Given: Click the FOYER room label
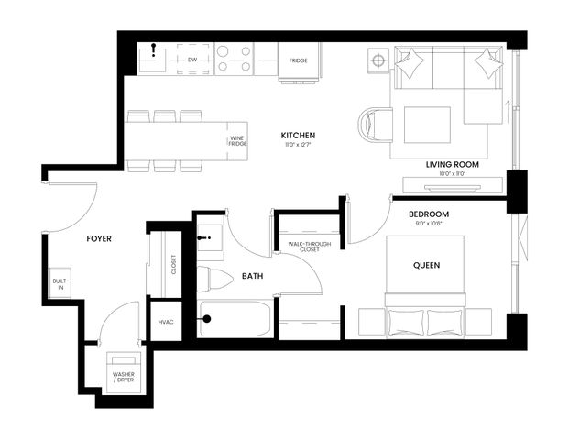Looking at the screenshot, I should coord(99,238).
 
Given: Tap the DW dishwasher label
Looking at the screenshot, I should coord(192,60).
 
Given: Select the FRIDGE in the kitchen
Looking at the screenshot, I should coord(298,60).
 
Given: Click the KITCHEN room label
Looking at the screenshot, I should coord(298,136).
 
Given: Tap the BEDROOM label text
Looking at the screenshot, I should coord(428,214).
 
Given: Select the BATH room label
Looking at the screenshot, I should coord(254,276).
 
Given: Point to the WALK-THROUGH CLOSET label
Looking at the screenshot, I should coord(309,247).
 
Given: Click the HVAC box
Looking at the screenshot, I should coord(166,322).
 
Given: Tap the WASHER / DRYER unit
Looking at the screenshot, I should coord(124,373).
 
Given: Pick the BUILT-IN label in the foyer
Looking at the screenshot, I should coord(60,284).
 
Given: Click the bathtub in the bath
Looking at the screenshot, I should coord(235,319).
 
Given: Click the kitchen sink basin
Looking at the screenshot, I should coord(151,60).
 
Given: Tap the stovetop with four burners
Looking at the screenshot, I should coord(235,59).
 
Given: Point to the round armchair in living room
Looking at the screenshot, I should coord(375,126).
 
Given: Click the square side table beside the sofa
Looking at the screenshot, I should coord(378,60).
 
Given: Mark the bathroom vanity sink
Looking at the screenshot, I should coord(211,239).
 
